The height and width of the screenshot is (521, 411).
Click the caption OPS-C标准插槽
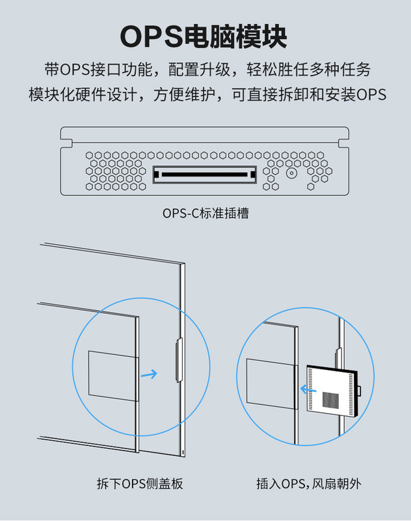pyautogui.click(x=205, y=212)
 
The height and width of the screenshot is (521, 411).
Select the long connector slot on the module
pyautogui.click(x=205, y=175)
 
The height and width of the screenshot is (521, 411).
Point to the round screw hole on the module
pyautogui.click(x=291, y=174)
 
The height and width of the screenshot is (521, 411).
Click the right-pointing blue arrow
pyautogui.click(x=150, y=374)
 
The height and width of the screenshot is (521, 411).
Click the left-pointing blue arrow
pyautogui.click(x=308, y=391)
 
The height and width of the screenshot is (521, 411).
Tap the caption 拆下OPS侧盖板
pyautogui.click(x=140, y=484)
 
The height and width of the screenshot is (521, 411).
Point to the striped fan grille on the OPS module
pyautogui.click(x=332, y=399)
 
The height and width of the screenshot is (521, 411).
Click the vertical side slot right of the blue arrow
pyautogui.click(x=178, y=359)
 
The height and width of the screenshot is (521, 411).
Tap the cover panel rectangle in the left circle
pyautogui.click(x=112, y=374)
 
